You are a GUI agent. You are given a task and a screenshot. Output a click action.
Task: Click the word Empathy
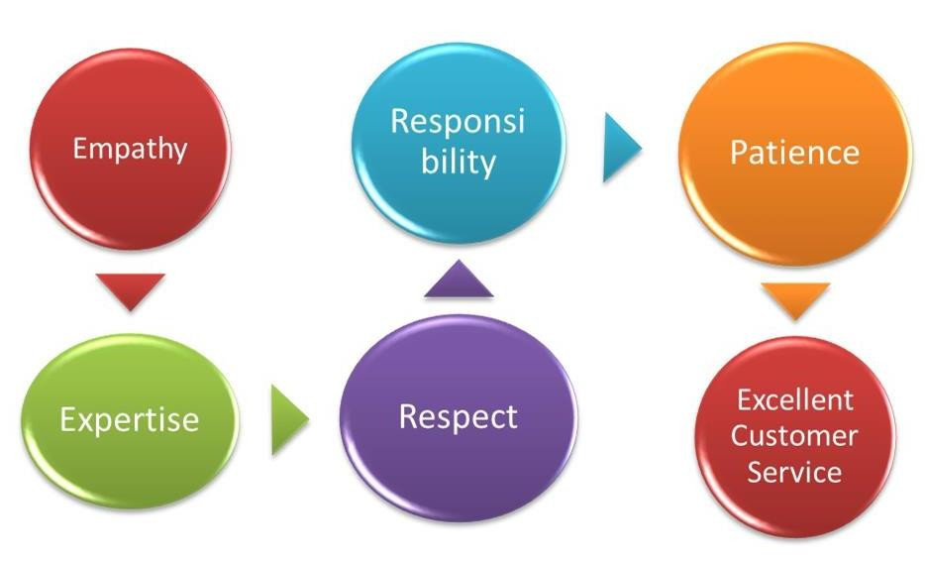pyautogui.click(x=130, y=148)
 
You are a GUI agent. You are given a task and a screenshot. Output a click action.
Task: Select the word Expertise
pyautogui.click(x=129, y=419)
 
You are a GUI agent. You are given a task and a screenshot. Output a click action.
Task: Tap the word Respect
pyautogui.click(x=459, y=417)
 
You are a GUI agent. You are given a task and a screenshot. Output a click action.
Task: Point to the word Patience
pyautogui.click(x=794, y=152)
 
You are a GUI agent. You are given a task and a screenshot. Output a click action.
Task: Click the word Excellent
pyautogui.click(x=794, y=399)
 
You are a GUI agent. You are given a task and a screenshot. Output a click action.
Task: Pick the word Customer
pyautogui.click(x=794, y=436)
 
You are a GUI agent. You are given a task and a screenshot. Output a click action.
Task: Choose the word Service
pyautogui.click(x=794, y=472)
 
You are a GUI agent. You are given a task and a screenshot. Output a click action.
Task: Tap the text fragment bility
pyautogui.click(x=459, y=162)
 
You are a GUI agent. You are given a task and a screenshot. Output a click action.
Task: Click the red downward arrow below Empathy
pyautogui.click(x=131, y=290)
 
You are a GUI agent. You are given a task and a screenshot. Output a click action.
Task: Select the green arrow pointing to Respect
pyautogui.click(x=289, y=419)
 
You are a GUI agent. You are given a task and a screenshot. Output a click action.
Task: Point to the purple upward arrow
pyautogui.click(x=459, y=280)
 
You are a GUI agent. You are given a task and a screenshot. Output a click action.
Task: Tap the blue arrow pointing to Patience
pyautogui.click(x=621, y=147)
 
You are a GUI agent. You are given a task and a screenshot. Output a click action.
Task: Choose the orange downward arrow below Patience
pyautogui.click(x=795, y=300)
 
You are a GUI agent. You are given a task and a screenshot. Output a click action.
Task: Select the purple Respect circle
pyautogui.click(x=459, y=418)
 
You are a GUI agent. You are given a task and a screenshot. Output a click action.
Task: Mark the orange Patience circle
pyautogui.click(x=795, y=154)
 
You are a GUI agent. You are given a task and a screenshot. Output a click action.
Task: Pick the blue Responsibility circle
pyautogui.click(x=459, y=143)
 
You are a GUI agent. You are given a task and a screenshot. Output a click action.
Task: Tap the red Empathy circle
pyautogui.click(x=131, y=149)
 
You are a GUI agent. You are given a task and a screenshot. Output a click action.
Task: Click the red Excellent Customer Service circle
pyautogui.click(x=795, y=437)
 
